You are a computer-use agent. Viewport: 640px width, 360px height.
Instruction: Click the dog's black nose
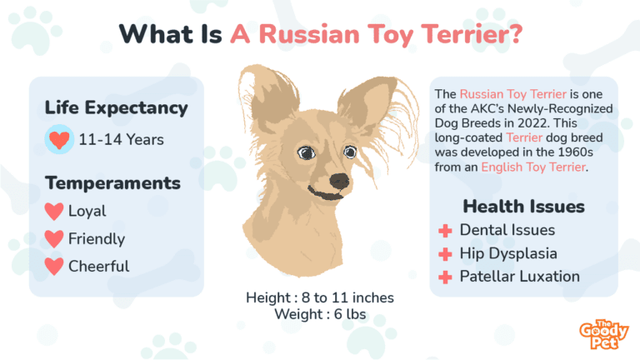click(339, 181)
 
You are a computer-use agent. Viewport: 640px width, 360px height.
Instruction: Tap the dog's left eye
click(306, 153)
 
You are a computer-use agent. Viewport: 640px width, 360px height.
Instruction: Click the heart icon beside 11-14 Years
click(58, 139)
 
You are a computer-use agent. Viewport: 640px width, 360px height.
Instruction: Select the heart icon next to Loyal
click(54, 212)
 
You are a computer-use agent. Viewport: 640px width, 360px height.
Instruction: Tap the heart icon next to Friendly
click(54, 239)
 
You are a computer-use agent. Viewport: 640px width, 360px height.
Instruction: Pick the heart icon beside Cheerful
click(54, 267)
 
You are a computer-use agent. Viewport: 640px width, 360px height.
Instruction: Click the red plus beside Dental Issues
click(445, 230)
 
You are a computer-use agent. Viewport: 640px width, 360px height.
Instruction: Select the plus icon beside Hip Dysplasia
click(445, 253)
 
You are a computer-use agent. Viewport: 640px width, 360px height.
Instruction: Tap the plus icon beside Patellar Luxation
click(445, 277)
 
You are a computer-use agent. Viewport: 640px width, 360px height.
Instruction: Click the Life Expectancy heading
click(117, 108)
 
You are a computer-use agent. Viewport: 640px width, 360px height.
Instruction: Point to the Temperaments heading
click(112, 182)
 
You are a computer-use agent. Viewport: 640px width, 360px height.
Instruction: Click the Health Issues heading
click(523, 206)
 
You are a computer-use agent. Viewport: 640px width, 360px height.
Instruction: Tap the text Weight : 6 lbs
click(319, 313)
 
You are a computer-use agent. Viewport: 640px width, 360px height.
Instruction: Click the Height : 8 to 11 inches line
click(320, 297)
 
